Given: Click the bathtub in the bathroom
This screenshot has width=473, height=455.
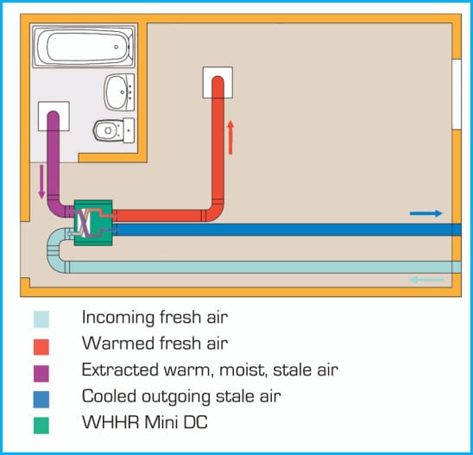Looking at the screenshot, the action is [x=83, y=46].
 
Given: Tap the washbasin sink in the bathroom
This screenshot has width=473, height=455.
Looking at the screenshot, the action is [x=120, y=92].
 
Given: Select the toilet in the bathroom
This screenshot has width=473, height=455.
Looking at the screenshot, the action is [x=114, y=130].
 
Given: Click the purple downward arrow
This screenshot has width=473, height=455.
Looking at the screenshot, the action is [x=41, y=181].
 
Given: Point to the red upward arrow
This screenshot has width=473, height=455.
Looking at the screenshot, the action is [x=230, y=137].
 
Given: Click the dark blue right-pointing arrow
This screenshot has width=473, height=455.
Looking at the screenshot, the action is [x=426, y=213].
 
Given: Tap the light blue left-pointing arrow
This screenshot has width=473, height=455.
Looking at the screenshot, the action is [x=426, y=280].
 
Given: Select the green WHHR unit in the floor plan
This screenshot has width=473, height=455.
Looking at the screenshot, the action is [x=93, y=223].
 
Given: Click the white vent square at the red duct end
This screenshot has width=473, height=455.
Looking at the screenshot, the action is [x=218, y=82].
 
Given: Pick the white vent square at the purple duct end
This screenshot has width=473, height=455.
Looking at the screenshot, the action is [x=54, y=117].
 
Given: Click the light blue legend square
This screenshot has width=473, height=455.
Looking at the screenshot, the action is [x=41, y=319].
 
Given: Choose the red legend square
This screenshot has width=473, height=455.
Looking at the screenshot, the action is [x=41, y=347].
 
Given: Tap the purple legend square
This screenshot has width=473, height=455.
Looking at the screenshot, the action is [x=41, y=373].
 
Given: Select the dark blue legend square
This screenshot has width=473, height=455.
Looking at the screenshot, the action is [x=41, y=400].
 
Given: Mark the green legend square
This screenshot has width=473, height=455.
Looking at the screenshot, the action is [x=41, y=426].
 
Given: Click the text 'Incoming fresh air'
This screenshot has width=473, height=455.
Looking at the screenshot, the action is [x=155, y=318].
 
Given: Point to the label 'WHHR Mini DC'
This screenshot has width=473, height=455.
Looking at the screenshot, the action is [x=145, y=422].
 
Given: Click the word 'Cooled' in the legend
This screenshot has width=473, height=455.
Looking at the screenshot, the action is [x=109, y=396].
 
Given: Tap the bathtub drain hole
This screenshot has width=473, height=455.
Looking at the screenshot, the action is [x=117, y=47].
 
